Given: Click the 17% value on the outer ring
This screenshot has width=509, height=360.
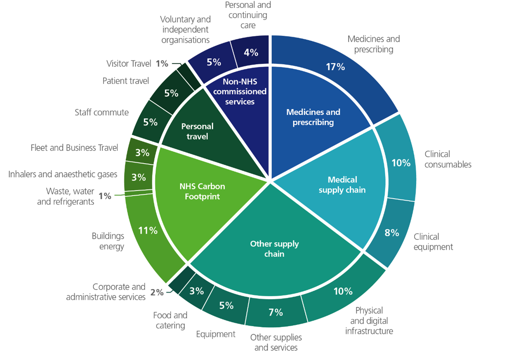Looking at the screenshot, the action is pos(335,67).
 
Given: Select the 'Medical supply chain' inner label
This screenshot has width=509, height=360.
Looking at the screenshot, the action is pos(342,185).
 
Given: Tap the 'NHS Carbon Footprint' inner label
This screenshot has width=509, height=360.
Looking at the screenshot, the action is pos(202,191).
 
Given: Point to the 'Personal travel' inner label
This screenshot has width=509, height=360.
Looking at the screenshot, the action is pos(197,131).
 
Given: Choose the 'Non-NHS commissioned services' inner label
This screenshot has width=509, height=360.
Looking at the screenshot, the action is pos(240,92).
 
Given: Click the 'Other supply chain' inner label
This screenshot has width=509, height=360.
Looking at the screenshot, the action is pos(274,249).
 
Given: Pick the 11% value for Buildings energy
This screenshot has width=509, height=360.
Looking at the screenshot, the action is pos(148,231).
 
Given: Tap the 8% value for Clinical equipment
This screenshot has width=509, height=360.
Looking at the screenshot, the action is pos(392,233).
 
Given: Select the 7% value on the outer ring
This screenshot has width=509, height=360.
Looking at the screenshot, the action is pos(276,312).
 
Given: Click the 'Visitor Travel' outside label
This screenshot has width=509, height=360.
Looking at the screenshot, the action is pos(129,64).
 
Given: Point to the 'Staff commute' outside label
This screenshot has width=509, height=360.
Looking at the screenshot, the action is pos(101,113).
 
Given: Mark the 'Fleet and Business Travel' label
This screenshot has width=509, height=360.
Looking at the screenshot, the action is pos(74,148).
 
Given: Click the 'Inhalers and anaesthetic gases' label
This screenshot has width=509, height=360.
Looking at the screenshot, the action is pos(63,174).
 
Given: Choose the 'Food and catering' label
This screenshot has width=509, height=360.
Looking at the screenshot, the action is pos(170,320).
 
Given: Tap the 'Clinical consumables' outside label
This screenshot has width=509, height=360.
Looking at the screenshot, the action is pos(448,159).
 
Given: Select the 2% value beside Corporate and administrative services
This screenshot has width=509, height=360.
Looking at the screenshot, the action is pos(157,292).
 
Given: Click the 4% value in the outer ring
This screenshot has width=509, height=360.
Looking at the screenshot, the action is pos(251,53).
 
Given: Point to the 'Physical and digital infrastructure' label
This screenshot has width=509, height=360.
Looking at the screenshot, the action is pos(369,321).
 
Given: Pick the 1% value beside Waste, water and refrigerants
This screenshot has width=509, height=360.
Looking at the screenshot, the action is pos(105,196).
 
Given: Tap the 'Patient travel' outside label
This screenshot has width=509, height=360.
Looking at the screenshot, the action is pos(125,81).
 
